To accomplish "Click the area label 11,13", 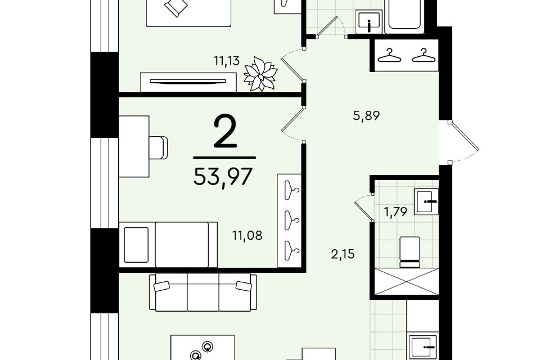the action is pos(226,61).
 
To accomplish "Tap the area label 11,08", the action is pos(247,236).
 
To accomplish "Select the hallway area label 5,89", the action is pos(366,116).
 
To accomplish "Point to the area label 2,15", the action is pos(343,255).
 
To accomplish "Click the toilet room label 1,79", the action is pos(395,211).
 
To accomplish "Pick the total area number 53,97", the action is pos(223,177).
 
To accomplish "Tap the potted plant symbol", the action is pos(260,74).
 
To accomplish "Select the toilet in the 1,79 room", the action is pos(409,252).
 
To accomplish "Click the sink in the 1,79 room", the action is pos(426,201).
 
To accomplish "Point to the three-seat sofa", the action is pos(203,292).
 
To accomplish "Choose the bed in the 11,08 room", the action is pos(168,244).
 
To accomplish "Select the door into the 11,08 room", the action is pos(292,123).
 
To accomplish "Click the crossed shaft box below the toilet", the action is pos(406,281).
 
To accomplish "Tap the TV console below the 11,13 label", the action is pos(188,82).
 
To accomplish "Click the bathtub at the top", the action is pos(404,16).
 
